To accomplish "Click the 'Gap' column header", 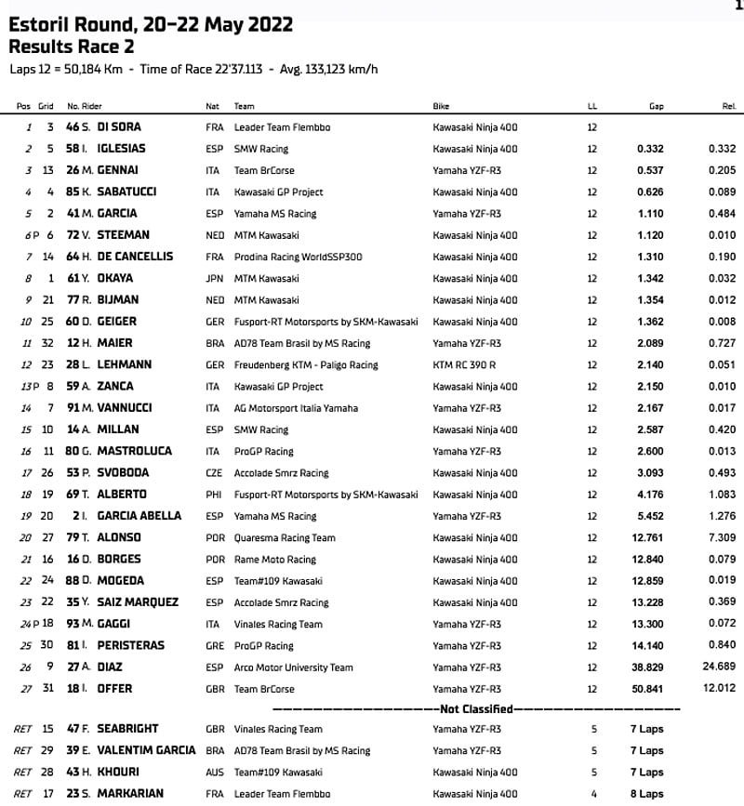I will coord(657,106).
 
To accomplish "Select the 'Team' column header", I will coord(245,106).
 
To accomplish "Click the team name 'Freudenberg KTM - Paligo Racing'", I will coord(306,365).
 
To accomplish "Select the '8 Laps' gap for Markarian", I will coord(647,794).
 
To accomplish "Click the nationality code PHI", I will coord(213,495).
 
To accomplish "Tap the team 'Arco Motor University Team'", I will coord(293,667).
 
